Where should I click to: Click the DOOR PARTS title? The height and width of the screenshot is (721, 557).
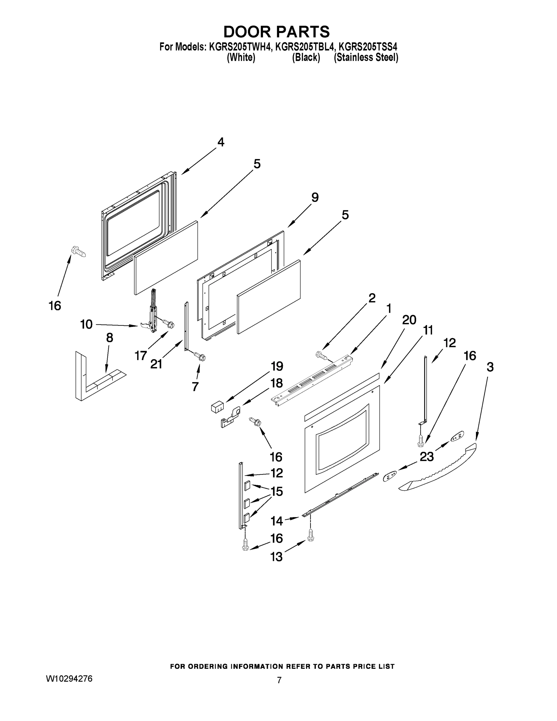tap(277, 32)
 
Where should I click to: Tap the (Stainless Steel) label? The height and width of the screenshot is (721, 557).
tap(366, 57)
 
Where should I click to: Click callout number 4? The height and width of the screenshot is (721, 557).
tap(221, 142)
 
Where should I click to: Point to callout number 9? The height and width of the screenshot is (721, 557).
tap(315, 198)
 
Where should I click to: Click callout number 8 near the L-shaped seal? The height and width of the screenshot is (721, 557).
tap(110, 338)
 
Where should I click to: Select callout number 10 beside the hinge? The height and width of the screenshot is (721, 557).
tap(86, 324)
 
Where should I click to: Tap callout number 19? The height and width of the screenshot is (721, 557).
tap(277, 366)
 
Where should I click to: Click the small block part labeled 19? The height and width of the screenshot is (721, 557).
tap(217, 406)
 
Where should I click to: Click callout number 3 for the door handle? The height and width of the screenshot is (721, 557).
tap(490, 367)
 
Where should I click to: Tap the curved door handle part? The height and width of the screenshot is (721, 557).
tap(439, 472)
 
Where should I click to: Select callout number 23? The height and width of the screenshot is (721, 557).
tap(426, 457)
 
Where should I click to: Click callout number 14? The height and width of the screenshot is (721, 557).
tap(277, 521)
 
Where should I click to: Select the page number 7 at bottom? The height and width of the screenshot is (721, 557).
tap(279, 680)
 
